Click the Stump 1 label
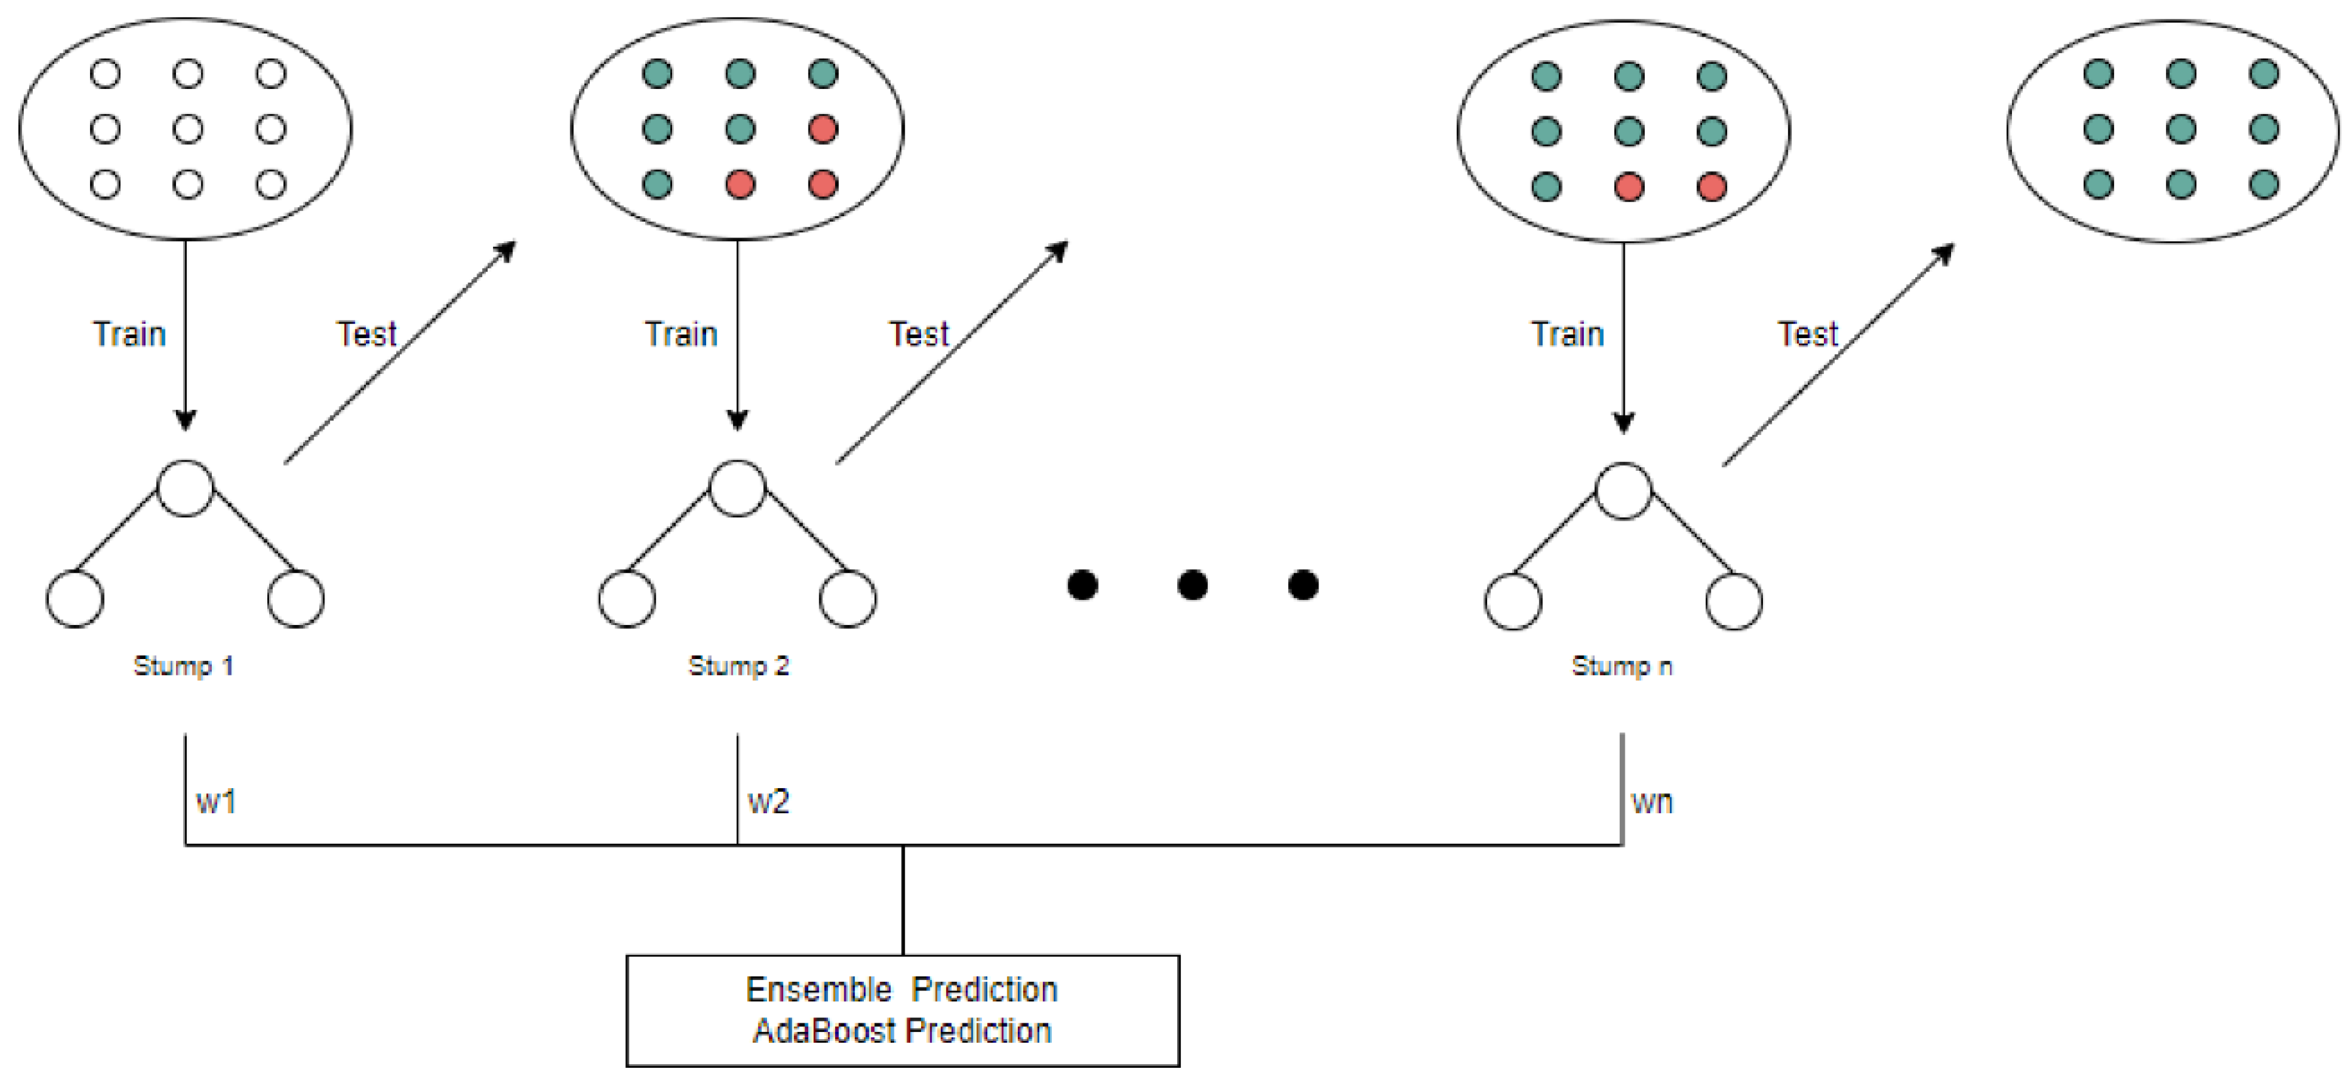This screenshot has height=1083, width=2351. [183, 666]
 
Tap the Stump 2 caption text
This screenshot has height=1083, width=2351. [738, 666]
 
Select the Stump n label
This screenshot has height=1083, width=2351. [1622, 666]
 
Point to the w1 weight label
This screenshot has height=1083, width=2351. [215, 802]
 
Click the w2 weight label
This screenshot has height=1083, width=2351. [768, 802]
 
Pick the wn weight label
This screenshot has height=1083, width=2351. [1652, 802]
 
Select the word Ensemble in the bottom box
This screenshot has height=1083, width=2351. [819, 990]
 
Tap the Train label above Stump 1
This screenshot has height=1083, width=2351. [130, 334]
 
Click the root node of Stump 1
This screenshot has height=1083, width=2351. [185, 489]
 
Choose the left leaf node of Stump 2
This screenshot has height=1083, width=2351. [627, 599]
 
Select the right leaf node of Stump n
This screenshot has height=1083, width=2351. [1733, 602]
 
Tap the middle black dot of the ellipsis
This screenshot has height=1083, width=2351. [1193, 584]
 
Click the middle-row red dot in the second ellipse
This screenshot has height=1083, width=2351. [823, 129]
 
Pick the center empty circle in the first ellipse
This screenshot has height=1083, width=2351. [188, 129]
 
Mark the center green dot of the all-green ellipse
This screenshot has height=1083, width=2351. [2181, 129]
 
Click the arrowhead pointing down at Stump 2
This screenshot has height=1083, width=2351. [737, 420]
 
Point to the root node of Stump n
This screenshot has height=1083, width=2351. [1623, 492]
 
